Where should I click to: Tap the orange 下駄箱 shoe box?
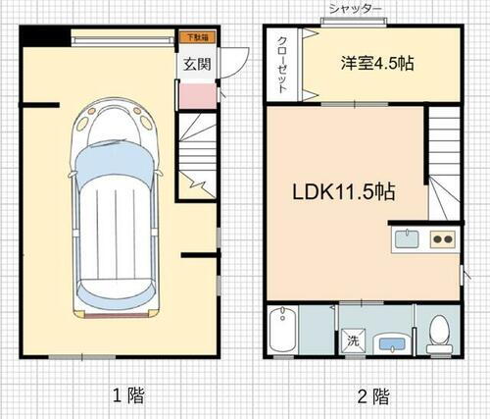pyautogui.click(x=197, y=37)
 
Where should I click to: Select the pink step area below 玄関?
pyautogui.click(x=195, y=96)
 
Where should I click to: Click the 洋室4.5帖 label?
pyautogui.click(x=377, y=64)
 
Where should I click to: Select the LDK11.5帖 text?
pyautogui.click(x=343, y=192)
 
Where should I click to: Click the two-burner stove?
pyautogui.click(x=443, y=238)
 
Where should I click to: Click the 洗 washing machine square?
pyautogui.click(x=351, y=342)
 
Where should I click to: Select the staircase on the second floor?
pyautogui.click(x=444, y=162)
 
